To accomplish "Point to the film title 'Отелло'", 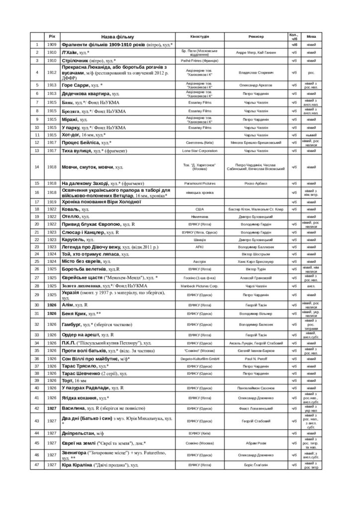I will [71, 217].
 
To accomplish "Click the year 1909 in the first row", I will [52, 45].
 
